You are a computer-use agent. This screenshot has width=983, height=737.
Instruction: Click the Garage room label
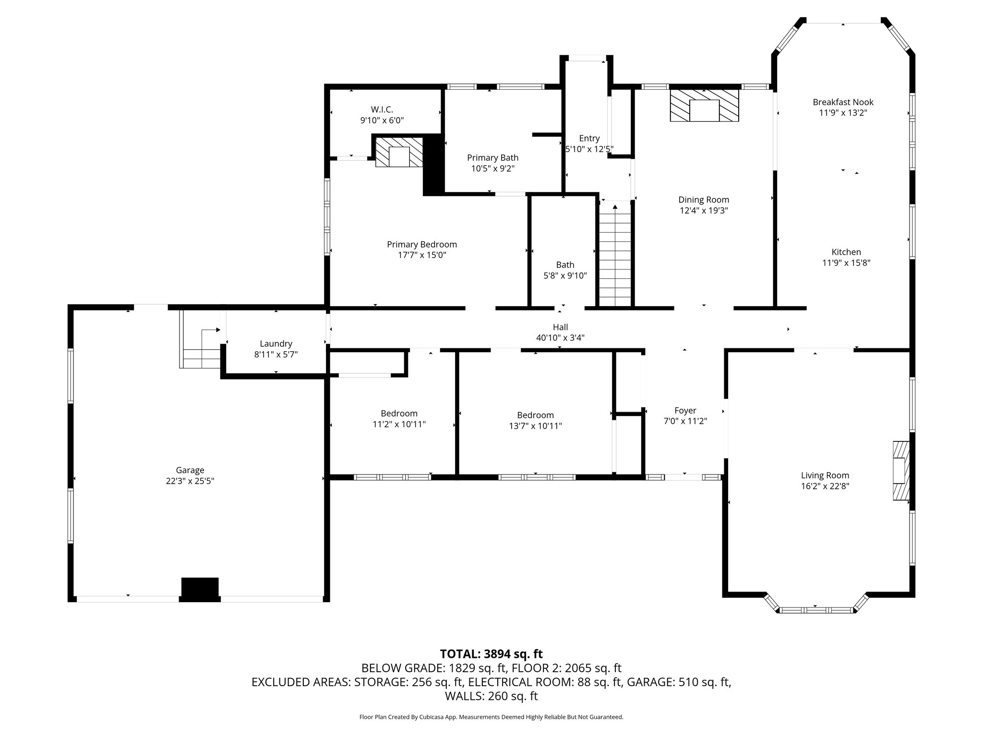pyautogui.click(x=190, y=470)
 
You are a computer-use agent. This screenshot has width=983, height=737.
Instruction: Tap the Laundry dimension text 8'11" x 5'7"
pyautogui.click(x=276, y=354)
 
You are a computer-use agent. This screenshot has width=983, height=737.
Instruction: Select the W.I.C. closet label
pyautogui.click(x=382, y=109)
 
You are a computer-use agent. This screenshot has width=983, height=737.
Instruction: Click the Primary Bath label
pyautogui.click(x=492, y=157)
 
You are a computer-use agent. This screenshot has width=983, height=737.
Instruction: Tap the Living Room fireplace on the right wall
pyautogui.click(x=901, y=471)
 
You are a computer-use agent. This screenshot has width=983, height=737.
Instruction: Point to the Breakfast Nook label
pyautogui.click(x=843, y=102)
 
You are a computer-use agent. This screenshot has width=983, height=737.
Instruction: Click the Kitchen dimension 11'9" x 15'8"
pyautogui.click(x=846, y=262)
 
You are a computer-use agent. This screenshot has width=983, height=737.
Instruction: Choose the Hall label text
pyautogui.click(x=560, y=327)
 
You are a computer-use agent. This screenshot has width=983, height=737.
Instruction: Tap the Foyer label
pyautogui.click(x=685, y=410)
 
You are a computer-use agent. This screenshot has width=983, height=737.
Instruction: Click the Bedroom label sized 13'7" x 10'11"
pyautogui.click(x=535, y=415)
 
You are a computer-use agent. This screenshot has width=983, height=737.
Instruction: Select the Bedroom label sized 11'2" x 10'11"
pyautogui.click(x=399, y=413)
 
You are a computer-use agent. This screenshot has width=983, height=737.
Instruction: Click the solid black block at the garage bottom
pyautogui.click(x=200, y=588)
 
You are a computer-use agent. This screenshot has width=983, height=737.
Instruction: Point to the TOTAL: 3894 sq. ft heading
pyautogui.click(x=491, y=654)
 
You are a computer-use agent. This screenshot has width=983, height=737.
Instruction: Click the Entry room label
pyautogui.click(x=589, y=138)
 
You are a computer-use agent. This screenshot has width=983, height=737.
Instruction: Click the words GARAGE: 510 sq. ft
pyautogui.click(x=679, y=682)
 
